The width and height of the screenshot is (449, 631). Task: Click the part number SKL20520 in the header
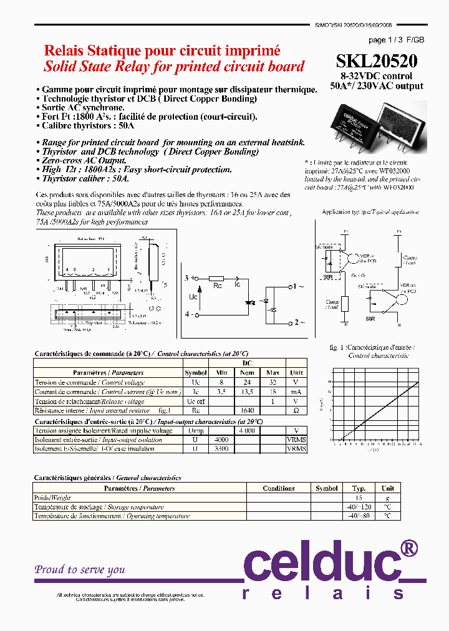(377, 61)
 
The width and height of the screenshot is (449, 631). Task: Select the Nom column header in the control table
(246, 373)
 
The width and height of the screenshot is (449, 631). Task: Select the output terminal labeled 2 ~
(299, 322)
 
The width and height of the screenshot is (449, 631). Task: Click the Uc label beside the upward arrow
(193, 296)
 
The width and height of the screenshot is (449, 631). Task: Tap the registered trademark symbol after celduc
(407, 548)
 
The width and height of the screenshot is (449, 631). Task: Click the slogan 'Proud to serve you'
(80, 569)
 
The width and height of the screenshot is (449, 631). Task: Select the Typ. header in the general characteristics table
(359, 488)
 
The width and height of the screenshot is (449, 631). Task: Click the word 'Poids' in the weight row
(42, 498)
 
